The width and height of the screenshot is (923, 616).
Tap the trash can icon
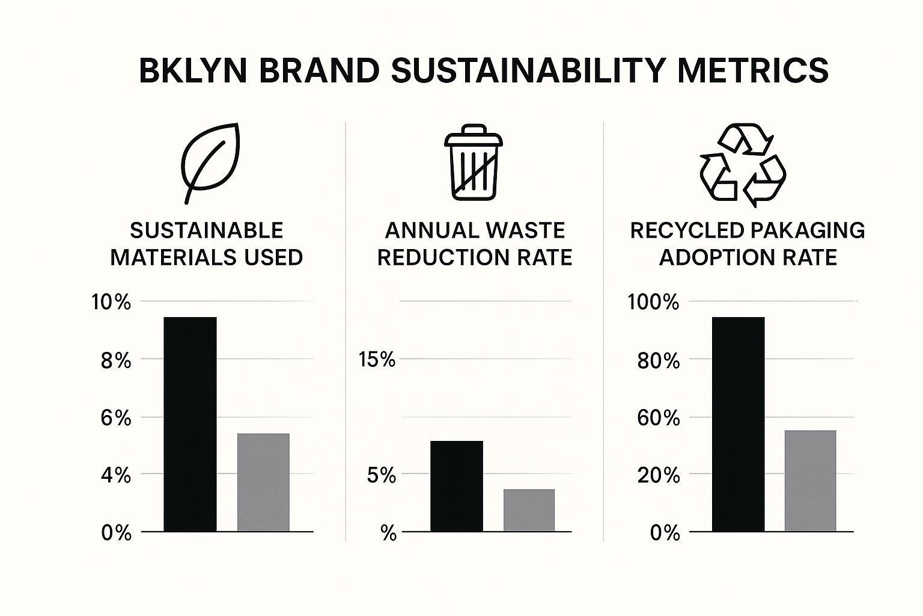click(x=472, y=161)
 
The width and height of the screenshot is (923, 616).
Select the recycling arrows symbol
click(x=743, y=166)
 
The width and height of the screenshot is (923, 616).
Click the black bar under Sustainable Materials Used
click(x=190, y=424)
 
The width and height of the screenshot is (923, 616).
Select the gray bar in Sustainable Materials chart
click(x=263, y=482)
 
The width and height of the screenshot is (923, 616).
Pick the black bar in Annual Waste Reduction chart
click(x=457, y=486)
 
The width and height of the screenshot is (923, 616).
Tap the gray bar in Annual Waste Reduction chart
click(x=529, y=510)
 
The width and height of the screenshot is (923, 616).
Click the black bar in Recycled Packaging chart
click(x=738, y=424)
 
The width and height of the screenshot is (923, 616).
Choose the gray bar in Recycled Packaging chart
click(x=810, y=481)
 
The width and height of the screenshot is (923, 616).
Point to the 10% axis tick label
click(x=111, y=302)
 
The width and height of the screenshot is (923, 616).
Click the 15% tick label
click(x=377, y=360)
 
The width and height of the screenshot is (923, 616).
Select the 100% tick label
click(x=653, y=302)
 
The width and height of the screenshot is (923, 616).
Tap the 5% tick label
click(x=382, y=476)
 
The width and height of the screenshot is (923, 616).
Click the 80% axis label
click(x=658, y=361)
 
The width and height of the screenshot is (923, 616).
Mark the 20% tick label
click(x=658, y=476)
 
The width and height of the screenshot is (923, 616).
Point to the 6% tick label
click(x=115, y=418)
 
